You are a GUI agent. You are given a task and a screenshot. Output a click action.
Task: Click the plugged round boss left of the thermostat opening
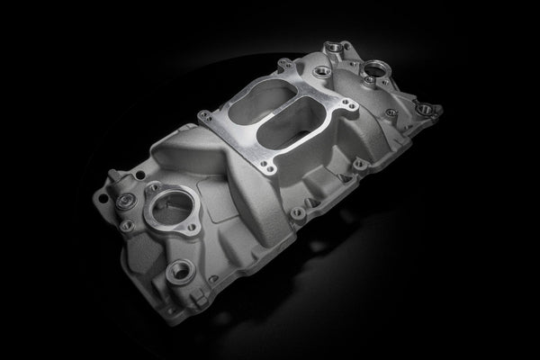tap(129, 200)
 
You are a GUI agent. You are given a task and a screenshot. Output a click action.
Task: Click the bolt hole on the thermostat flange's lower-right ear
tap(193, 229)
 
